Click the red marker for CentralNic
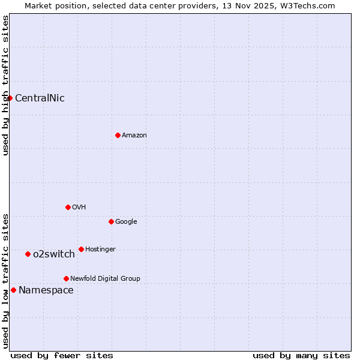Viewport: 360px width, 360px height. click(x=10, y=98)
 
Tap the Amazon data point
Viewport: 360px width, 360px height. click(x=118, y=135)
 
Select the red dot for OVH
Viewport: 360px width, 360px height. click(x=68, y=207)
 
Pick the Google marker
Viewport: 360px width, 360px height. click(x=111, y=221)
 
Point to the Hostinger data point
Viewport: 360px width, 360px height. click(x=81, y=249)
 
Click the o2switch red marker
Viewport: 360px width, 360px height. click(x=28, y=254)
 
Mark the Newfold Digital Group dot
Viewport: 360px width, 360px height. click(x=66, y=278)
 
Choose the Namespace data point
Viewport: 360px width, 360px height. click(x=13, y=290)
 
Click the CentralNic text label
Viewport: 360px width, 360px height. click(x=40, y=98)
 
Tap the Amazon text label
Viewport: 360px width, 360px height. click(x=134, y=136)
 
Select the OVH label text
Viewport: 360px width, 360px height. click(x=79, y=208)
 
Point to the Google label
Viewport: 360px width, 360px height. click(x=126, y=222)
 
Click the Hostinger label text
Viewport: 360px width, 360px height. click(x=100, y=250)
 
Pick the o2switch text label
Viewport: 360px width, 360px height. click(x=54, y=254)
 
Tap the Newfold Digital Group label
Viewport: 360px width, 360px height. click(x=105, y=279)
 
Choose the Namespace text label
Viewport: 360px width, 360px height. click(x=46, y=290)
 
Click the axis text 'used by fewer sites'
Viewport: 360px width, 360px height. click(x=62, y=355)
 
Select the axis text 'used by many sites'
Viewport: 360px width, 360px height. click(x=301, y=355)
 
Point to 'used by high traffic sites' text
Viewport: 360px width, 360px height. click(x=6, y=86)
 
